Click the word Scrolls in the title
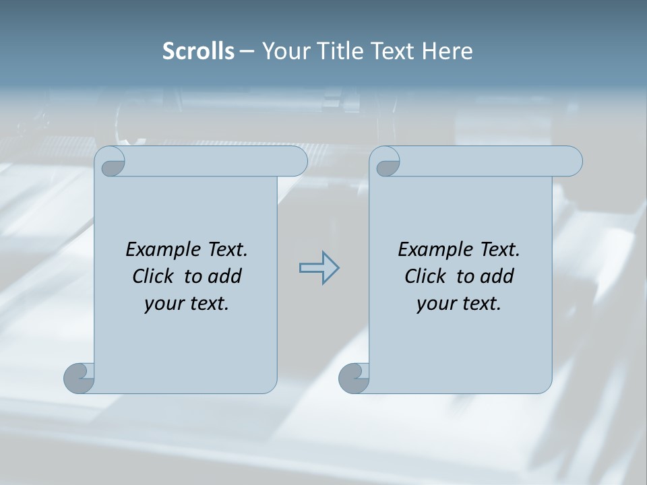[198, 51]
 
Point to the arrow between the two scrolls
[319, 267]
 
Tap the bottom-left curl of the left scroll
[79, 377]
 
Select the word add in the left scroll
[225, 276]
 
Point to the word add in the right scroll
[497, 276]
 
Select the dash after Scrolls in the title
[247, 51]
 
